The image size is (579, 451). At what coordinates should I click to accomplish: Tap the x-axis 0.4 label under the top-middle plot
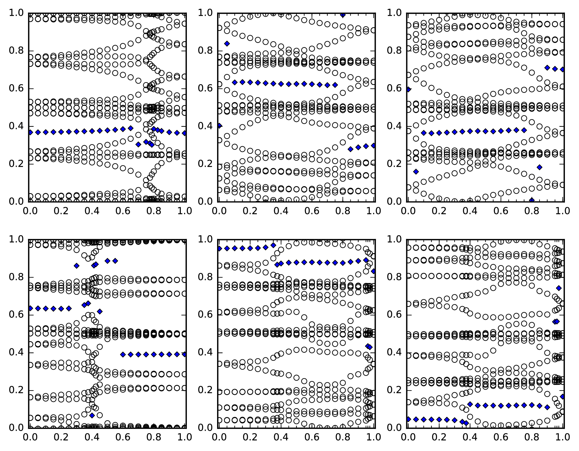(x=281, y=211)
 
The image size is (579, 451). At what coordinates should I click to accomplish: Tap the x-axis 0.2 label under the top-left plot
(x=60, y=211)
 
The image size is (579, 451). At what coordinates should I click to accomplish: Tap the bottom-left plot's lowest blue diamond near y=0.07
(x=92, y=415)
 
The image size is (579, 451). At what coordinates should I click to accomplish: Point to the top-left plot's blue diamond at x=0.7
(x=138, y=144)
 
